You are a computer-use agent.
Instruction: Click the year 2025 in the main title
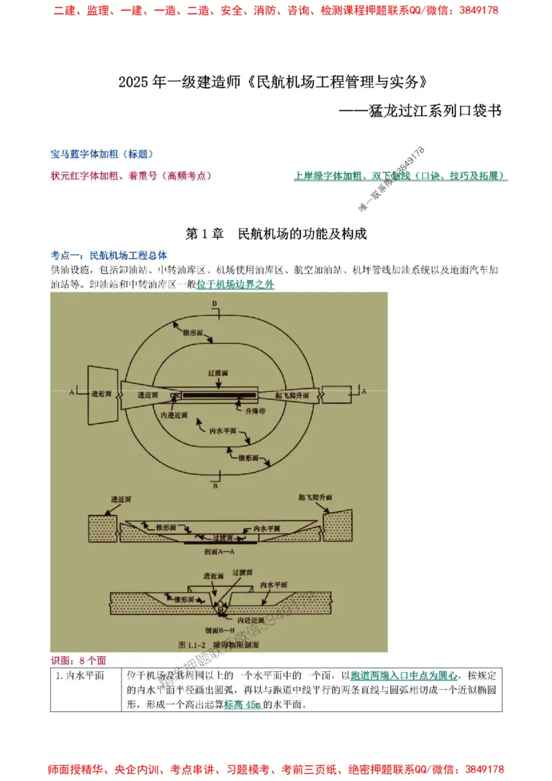(133, 82)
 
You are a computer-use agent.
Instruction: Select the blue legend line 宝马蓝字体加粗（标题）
(101, 154)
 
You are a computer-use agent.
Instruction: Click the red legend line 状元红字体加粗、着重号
(131, 176)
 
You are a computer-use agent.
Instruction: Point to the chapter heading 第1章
(205, 234)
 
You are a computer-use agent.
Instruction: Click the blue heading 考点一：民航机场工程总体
(108, 254)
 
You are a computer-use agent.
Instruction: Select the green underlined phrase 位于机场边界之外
(235, 284)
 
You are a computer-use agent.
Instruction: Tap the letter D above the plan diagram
(215, 304)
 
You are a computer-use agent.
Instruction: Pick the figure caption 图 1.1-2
(190, 644)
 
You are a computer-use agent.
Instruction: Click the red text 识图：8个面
(78, 660)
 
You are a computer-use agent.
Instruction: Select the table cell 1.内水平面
(80, 675)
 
